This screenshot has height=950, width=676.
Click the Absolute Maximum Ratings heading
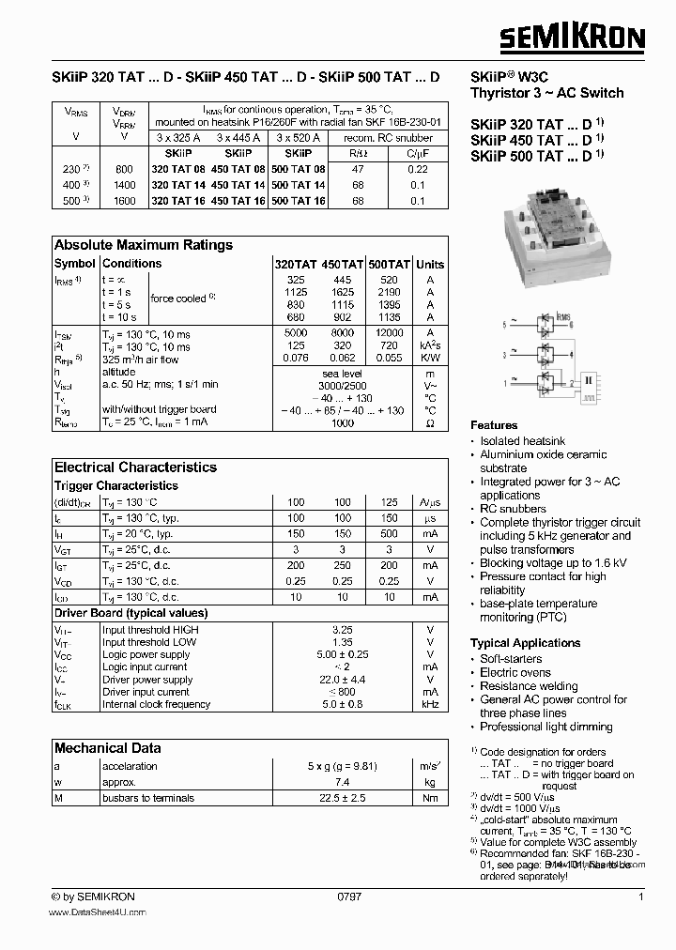[x=143, y=245]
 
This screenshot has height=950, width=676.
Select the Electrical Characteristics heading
[x=135, y=467]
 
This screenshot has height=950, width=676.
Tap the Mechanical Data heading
[x=107, y=748]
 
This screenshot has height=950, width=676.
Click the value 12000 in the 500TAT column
[x=389, y=333]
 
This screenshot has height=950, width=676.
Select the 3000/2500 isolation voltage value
[x=343, y=384]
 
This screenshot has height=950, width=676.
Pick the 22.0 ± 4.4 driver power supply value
[x=343, y=680]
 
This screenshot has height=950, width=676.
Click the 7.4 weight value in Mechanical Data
[x=343, y=781]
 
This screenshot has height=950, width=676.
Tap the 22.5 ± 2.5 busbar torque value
[x=343, y=798]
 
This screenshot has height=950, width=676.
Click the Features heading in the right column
[x=494, y=425]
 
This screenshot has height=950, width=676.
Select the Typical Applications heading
[x=525, y=643]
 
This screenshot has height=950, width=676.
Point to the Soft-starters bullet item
[x=511, y=659]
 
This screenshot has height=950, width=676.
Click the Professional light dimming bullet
[x=545, y=727]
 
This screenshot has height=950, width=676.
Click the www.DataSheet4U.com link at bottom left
[x=99, y=912]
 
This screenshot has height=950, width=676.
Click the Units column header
[x=430, y=265]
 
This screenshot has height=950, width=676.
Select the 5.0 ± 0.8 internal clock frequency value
[x=343, y=704]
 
